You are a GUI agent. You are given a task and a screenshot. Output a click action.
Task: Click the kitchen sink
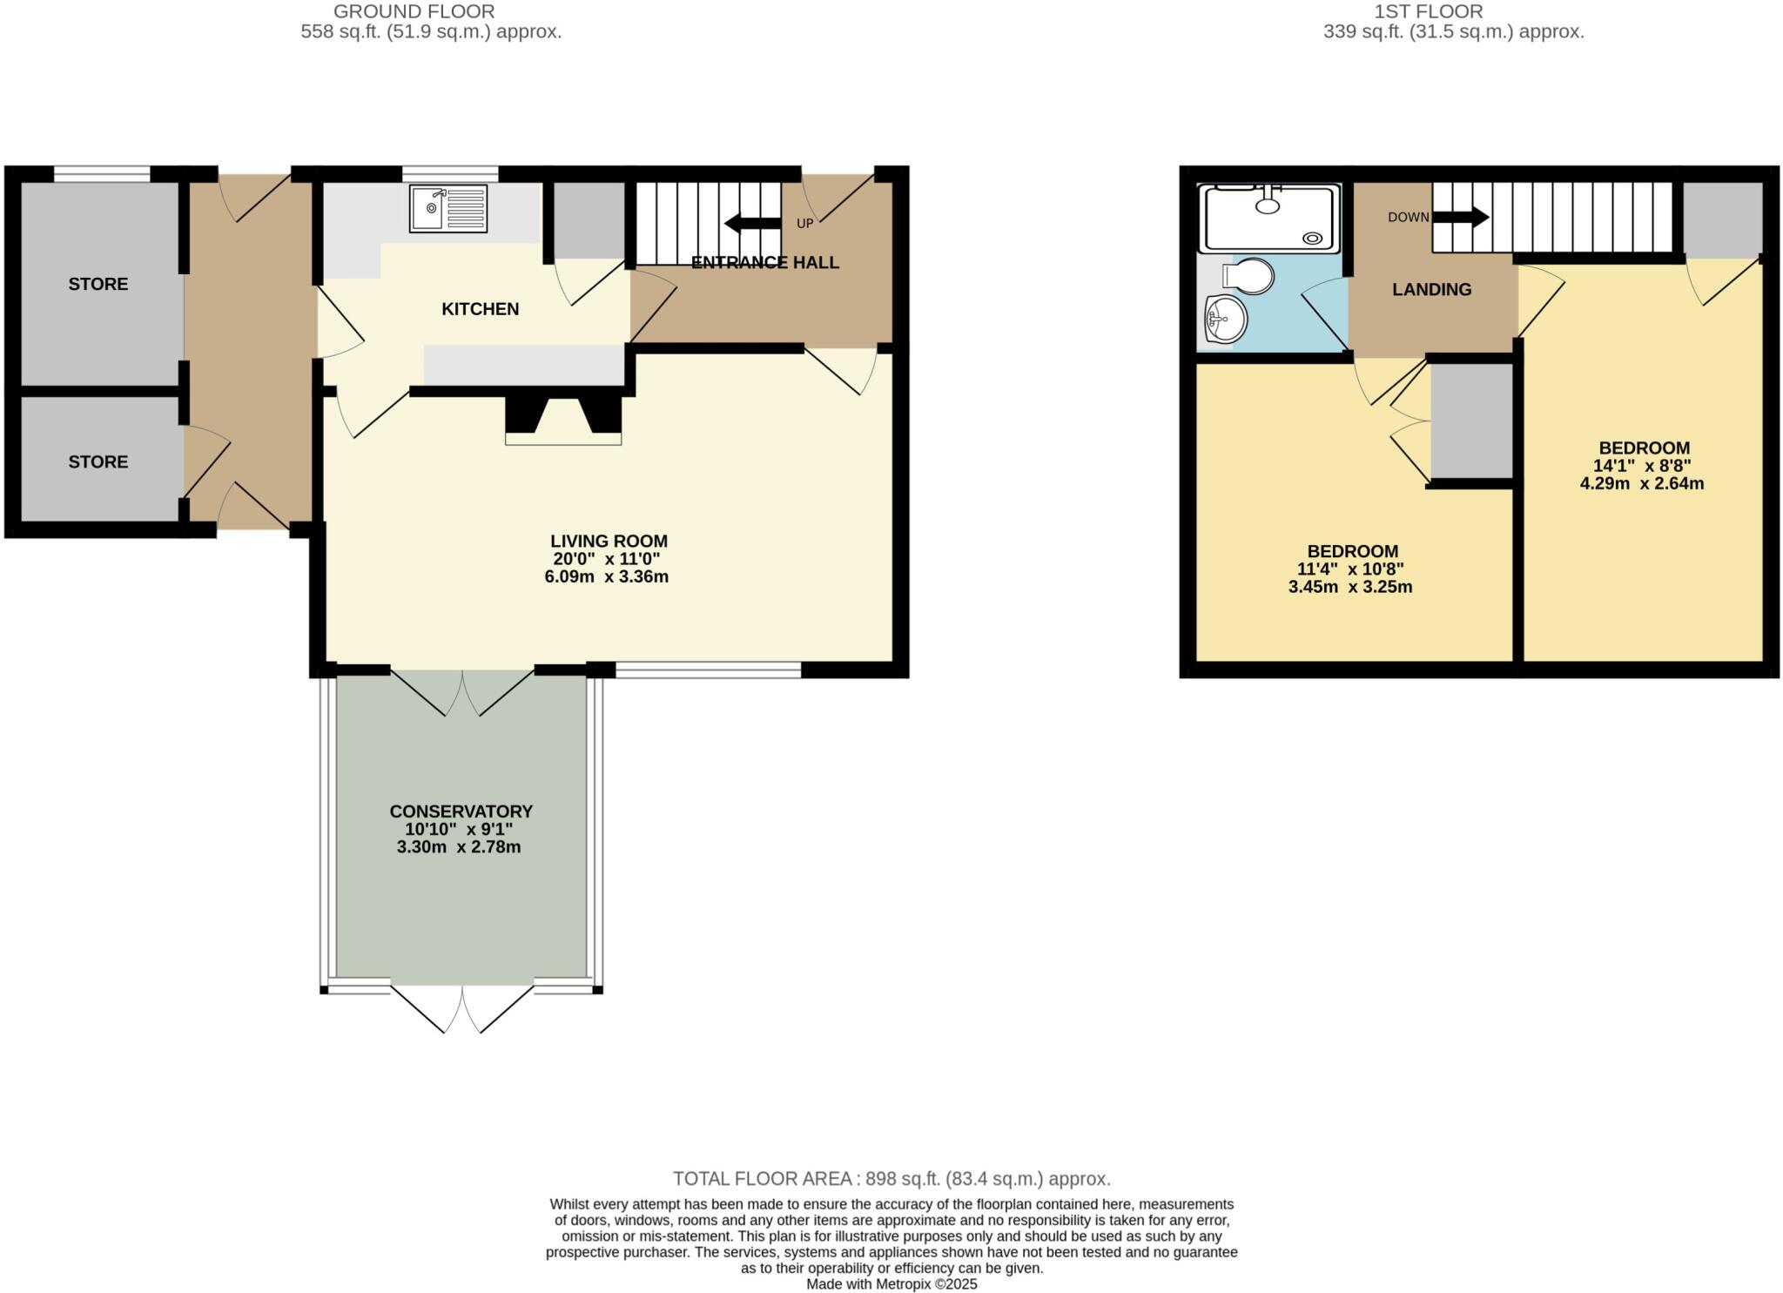448,209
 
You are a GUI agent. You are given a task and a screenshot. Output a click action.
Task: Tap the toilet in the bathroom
1250,276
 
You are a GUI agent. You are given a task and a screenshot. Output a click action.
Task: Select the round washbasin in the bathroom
1226,320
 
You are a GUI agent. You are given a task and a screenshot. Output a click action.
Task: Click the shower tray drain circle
1311,237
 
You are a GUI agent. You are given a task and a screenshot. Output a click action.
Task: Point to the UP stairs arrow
752,224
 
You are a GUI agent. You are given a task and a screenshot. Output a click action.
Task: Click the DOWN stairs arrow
1460,217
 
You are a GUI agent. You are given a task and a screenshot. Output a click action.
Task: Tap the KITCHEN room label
480,309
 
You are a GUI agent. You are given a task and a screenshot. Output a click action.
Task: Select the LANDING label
1431,290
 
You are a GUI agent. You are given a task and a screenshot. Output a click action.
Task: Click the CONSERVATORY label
461,811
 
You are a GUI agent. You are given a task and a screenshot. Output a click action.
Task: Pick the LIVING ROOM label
609,541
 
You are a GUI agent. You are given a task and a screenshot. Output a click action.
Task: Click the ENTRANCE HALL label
764,262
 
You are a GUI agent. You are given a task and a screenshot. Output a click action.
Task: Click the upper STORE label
98,284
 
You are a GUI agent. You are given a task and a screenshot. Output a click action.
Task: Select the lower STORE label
98,461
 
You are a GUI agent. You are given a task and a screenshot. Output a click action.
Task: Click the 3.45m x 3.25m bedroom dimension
1350,587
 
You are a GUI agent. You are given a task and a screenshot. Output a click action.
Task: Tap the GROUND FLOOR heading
414,11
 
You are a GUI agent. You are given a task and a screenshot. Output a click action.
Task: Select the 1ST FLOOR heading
1440,11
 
